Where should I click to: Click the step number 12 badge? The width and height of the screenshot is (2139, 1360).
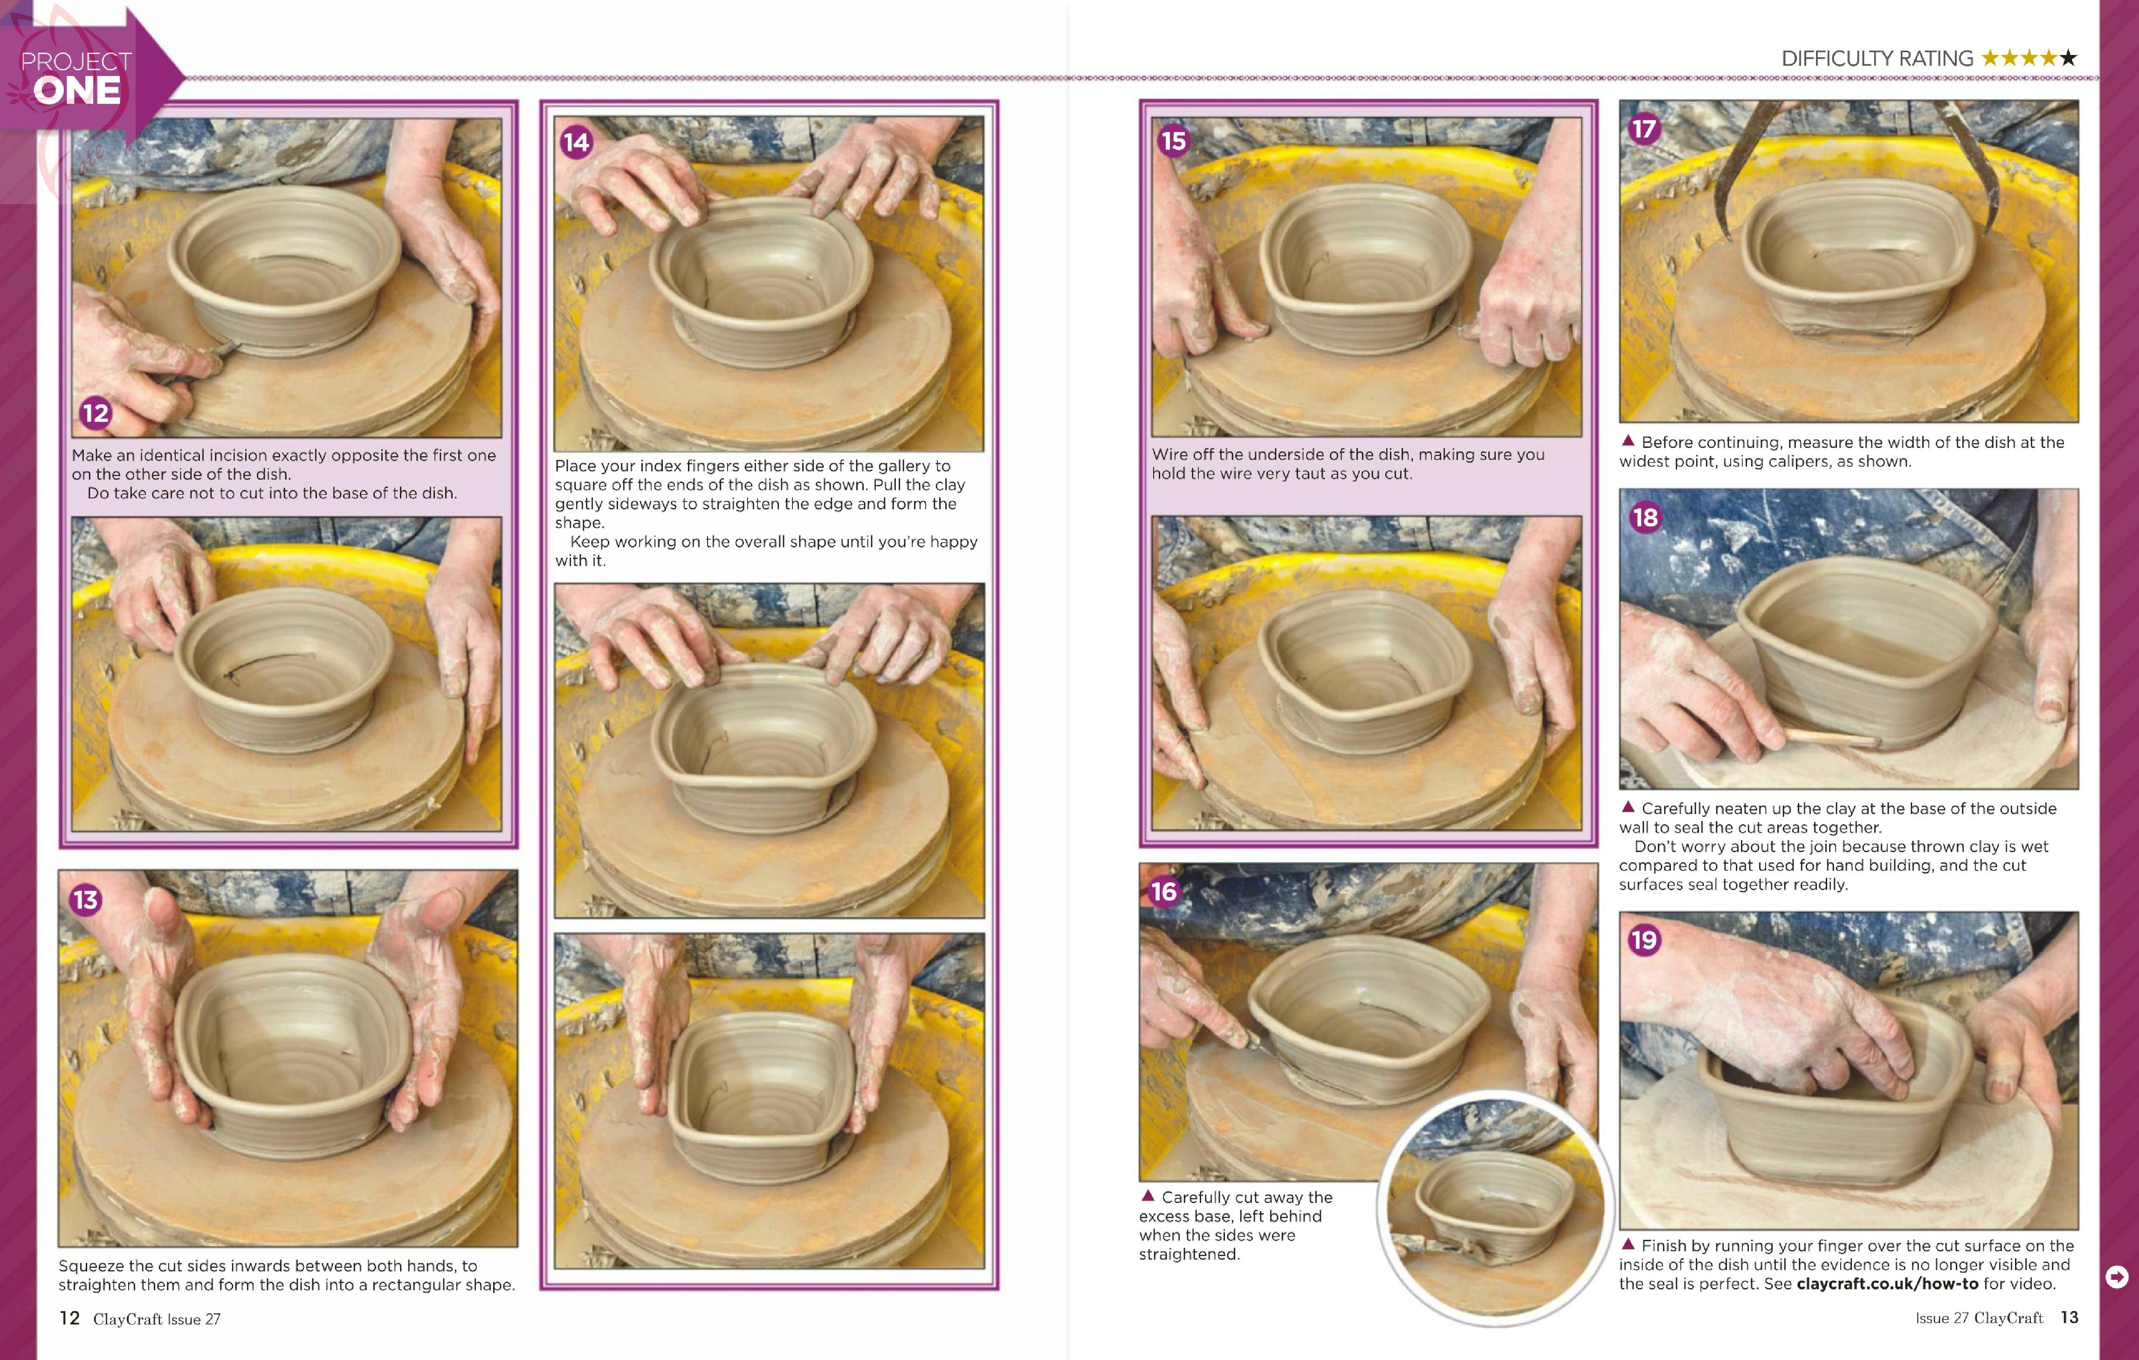(x=95, y=413)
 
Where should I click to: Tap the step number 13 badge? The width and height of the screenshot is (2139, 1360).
(x=85, y=900)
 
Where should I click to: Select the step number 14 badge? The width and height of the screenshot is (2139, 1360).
(x=576, y=142)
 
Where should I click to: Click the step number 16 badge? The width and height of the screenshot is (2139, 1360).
(x=1164, y=892)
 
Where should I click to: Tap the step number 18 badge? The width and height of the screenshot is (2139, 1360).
(x=1645, y=517)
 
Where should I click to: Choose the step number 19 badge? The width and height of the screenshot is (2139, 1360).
(x=1644, y=940)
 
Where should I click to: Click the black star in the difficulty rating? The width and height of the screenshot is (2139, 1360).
(x=2068, y=58)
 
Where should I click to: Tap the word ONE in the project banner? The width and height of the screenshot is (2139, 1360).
(x=77, y=90)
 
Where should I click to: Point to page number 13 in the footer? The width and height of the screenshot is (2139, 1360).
(x=2069, y=1318)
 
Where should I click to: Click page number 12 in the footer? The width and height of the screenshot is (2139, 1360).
(x=69, y=1318)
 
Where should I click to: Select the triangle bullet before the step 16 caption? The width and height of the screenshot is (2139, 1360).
(x=1148, y=1196)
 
